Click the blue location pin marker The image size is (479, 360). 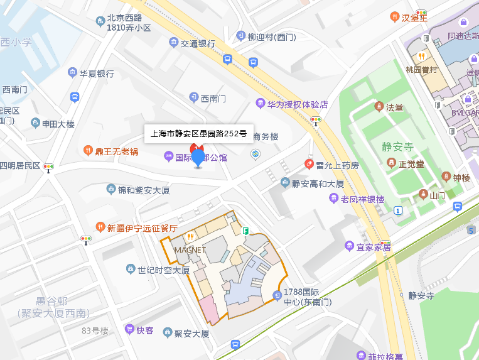click(198, 157)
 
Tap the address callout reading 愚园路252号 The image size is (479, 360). click(198, 134)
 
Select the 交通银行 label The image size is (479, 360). click(198, 43)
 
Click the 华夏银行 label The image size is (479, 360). click(96, 74)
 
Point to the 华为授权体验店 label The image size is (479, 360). click(298, 104)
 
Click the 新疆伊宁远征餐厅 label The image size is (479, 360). click(142, 227)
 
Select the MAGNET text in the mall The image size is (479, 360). click(190, 249)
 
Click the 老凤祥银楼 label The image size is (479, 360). click(362, 199)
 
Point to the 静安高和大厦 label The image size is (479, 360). click(318, 183)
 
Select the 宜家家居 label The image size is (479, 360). click(374, 247)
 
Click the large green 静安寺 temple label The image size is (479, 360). click(397, 148)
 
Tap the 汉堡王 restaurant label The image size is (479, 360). click(414, 17)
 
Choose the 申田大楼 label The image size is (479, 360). click(58, 123)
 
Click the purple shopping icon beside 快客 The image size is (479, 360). click(129, 330)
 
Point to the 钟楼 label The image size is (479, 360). click(461, 177)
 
